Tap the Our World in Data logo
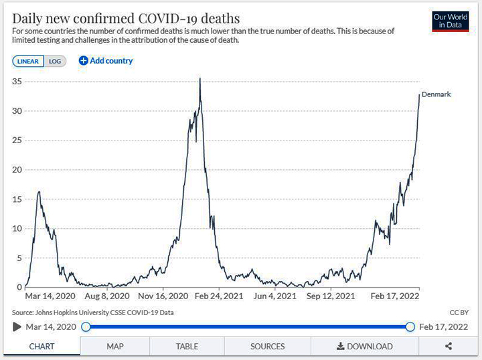(x=449, y=21)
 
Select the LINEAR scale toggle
(x=28, y=61)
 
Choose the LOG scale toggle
(x=55, y=61)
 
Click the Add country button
(x=106, y=61)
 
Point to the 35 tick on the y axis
(x=18, y=81)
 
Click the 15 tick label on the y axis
(x=18, y=199)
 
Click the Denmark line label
(x=436, y=94)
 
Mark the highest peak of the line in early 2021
(x=200, y=80)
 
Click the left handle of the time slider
(x=86, y=327)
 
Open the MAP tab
(x=114, y=347)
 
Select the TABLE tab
(x=187, y=347)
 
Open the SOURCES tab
(x=267, y=347)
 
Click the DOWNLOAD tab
(x=364, y=347)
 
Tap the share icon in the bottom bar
(x=449, y=347)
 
